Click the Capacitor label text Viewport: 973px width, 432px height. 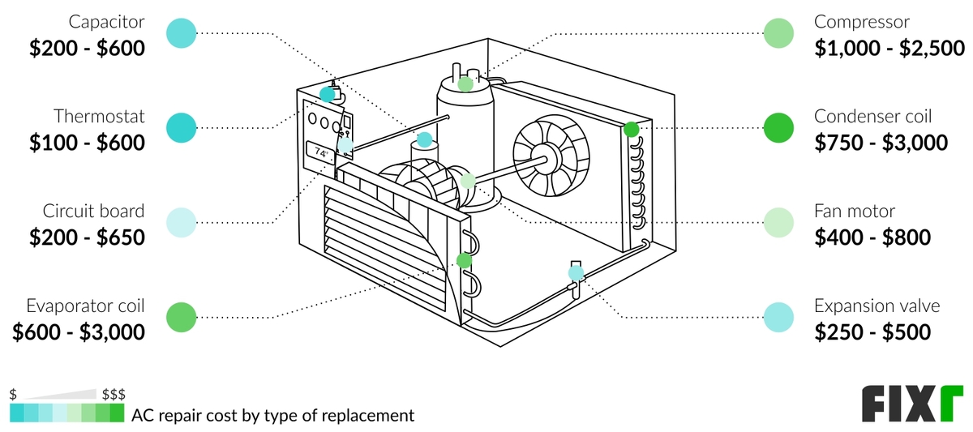[x=106, y=22]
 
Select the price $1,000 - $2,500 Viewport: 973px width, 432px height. [x=889, y=49]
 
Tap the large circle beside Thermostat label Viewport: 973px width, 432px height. [x=182, y=128]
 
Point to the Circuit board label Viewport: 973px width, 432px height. [x=93, y=212]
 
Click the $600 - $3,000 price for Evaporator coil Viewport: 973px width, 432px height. [x=79, y=332]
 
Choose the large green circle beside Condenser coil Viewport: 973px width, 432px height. [x=779, y=128]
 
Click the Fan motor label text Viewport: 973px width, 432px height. [x=855, y=212]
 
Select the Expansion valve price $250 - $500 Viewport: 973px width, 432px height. [x=872, y=332]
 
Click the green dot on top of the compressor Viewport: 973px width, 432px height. [x=465, y=83]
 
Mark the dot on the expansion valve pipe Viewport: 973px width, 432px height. [x=576, y=274]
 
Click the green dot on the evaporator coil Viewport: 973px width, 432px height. [x=464, y=260]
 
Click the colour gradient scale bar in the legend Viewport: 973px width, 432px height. [x=67, y=414]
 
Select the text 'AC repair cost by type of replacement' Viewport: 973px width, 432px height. [x=272, y=416]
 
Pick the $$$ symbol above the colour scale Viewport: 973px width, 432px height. [x=114, y=395]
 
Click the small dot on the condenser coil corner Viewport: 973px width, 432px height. [x=631, y=128]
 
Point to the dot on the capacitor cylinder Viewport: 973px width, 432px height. [x=425, y=139]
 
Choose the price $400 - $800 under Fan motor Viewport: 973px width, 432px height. [x=872, y=237]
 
